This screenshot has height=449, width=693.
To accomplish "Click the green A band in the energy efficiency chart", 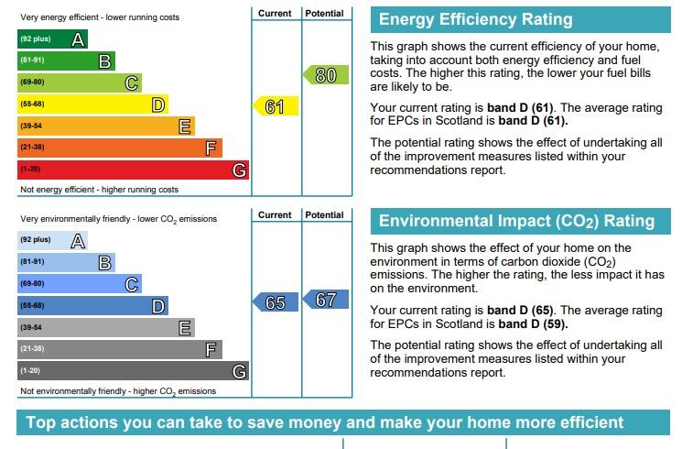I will coord(52,39).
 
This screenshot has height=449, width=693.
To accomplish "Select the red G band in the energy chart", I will coord(133,170).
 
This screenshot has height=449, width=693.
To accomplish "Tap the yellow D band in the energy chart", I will coord(92,104).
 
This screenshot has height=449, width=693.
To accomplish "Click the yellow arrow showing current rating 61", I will coord(276,106).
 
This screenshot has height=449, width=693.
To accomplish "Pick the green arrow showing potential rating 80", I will coord(326,75).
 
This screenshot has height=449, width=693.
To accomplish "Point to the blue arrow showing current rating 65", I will coord(276,302).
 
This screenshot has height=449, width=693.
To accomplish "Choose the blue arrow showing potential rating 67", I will coord(326,300).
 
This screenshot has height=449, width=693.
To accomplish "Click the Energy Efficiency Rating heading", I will coord(475,20).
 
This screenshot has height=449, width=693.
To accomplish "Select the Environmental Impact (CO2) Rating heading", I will coord(516,221).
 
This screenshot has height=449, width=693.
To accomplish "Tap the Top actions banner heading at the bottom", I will coord(325,422).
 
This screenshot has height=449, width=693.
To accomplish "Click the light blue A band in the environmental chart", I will coord(52,241).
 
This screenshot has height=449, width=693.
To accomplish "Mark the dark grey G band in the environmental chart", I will coord(133,371).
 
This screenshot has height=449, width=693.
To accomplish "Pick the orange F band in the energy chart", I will coord(119,148).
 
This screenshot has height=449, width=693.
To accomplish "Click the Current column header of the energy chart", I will coord(275,14).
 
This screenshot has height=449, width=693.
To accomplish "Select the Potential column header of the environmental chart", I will coord(325,215).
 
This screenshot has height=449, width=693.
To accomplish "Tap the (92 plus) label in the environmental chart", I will coord(35,240).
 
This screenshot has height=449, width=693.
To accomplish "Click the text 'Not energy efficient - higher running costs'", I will coord(99,190).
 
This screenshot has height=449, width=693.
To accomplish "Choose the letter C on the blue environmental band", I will coord(132,284).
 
